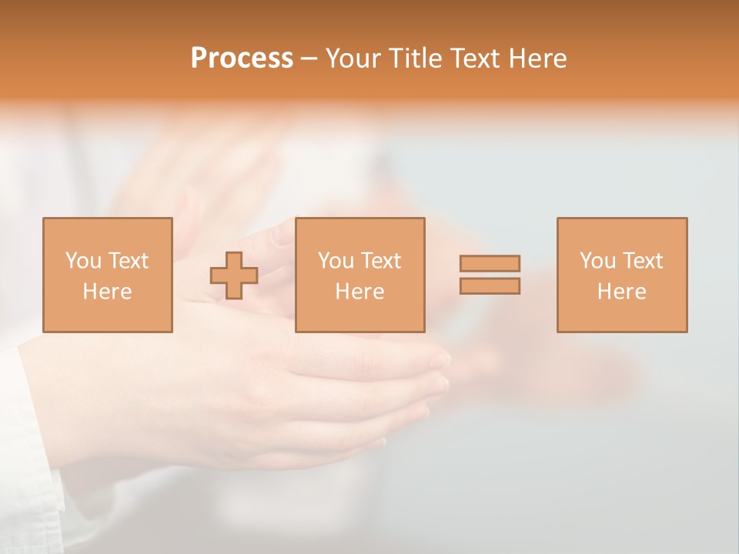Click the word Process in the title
tap(242, 58)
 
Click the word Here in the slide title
tap(538, 58)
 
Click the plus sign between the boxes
tap(234, 275)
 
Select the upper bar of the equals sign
tap(490, 264)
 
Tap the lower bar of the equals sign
tap(490, 286)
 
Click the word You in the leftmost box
tap(82, 261)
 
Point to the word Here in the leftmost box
tap(107, 292)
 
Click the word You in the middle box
tap(335, 261)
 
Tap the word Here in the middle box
tap(359, 292)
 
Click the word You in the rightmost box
tap(597, 261)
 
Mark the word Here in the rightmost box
tap(621, 292)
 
